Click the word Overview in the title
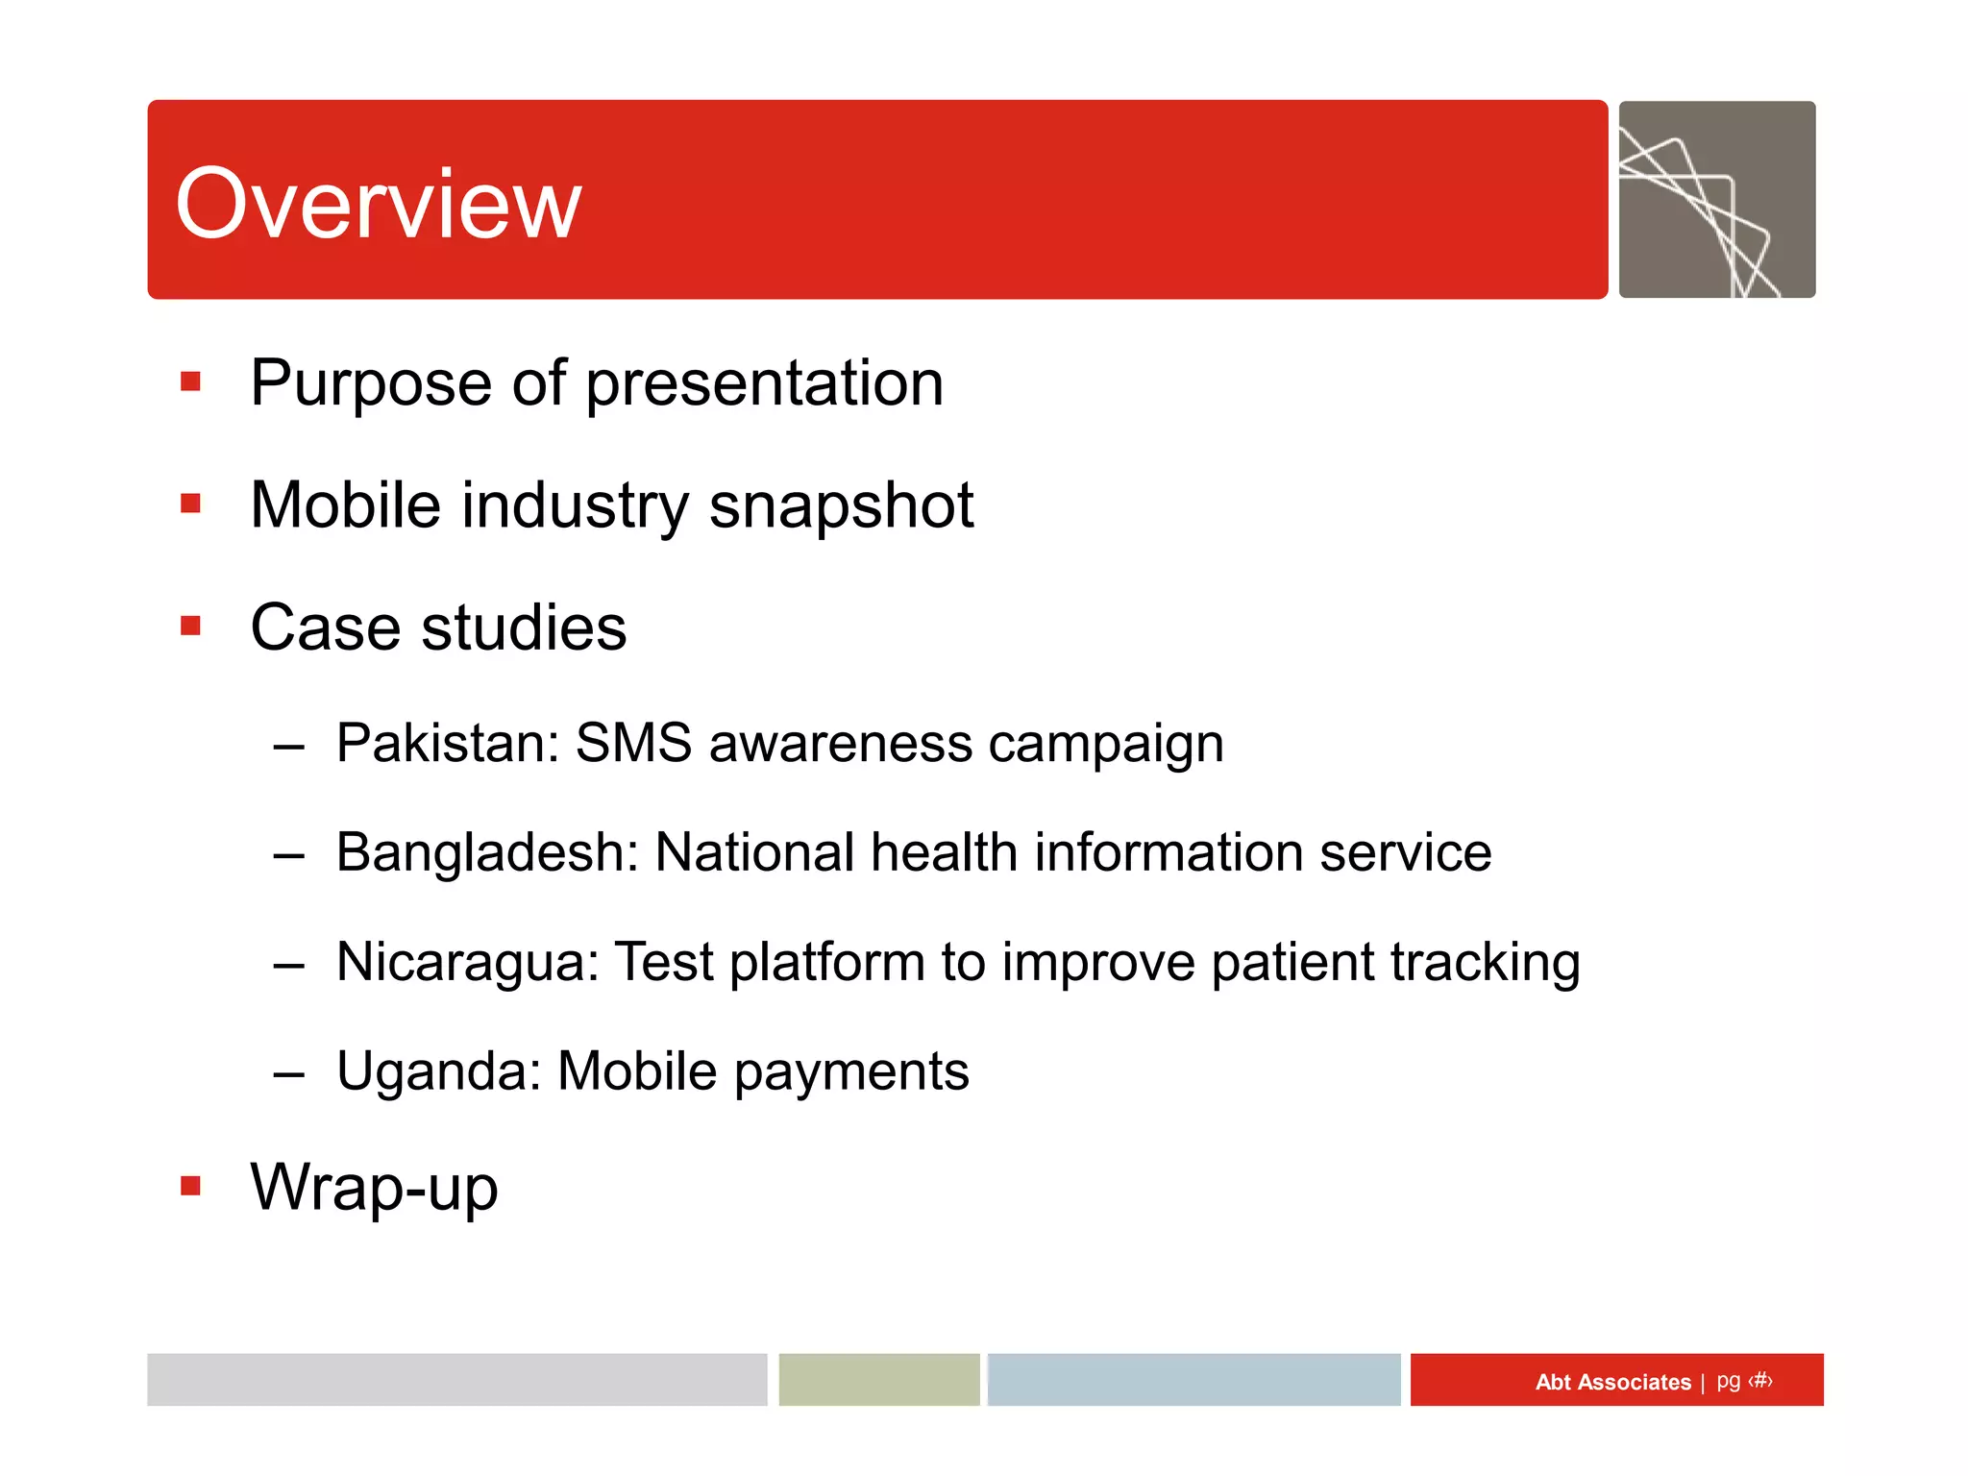tap(379, 203)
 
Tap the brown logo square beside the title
tap(1716, 200)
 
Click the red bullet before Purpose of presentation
tap(190, 382)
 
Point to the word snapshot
tap(841, 506)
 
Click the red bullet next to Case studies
tap(190, 627)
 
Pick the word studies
tap(524, 627)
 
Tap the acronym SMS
tap(633, 743)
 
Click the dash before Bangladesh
tap(288, 854)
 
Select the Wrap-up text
tap(374, 1188)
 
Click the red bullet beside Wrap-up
tap(190, 1186)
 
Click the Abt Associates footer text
tap(1612, 1382)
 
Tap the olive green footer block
tap(878, 1380)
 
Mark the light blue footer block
tap(1193, 1380)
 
